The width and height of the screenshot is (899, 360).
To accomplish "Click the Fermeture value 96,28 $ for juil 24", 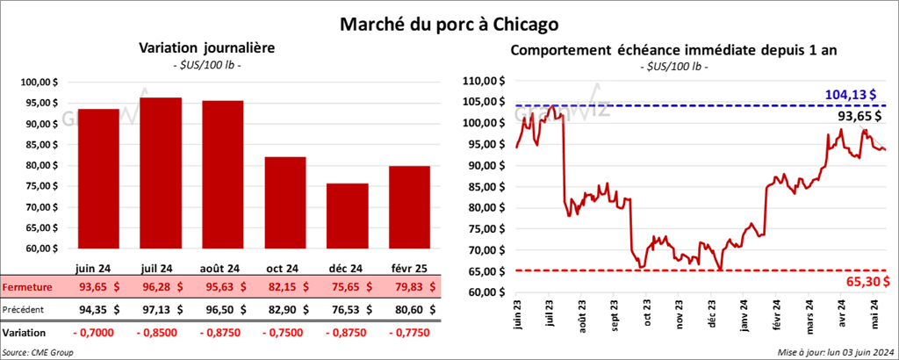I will tap(162, 287).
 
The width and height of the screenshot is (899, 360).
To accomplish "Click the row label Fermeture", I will tap(26, 287).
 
